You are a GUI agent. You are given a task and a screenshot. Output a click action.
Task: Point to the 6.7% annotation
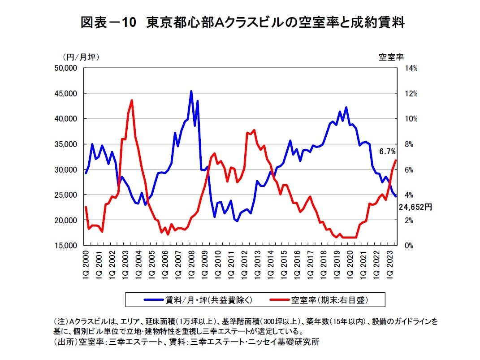click(x=387, y=152)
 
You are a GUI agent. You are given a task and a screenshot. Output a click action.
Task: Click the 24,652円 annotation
click(x=415, y=208)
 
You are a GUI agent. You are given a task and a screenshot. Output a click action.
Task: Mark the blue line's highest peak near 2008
click(x=191, y=91)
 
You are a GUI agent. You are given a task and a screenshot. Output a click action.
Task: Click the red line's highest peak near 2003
click(x=132, y=100)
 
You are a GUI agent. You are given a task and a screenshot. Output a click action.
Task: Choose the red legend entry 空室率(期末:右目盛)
click(x=319, y=299)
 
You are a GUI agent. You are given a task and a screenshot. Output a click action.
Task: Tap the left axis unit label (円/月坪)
click(x=81, y=57)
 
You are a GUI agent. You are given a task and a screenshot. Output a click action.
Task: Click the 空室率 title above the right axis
click(x=391, y=57)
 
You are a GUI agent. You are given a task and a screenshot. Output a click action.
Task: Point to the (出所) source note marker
click(x=65, y=342)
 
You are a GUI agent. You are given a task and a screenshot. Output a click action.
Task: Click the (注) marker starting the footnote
click(x=61, y=322)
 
